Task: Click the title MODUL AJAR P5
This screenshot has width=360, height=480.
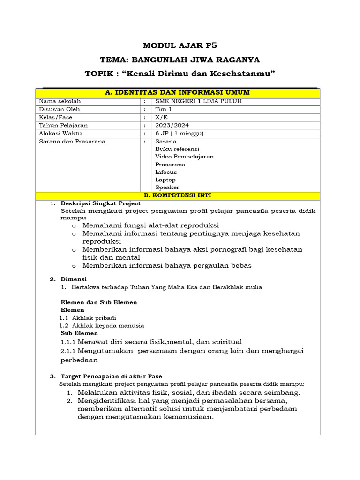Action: (180, 45)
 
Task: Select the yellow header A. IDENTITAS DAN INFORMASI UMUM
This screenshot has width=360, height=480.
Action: (178, 92)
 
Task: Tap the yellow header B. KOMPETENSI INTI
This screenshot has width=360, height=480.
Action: (178, 195)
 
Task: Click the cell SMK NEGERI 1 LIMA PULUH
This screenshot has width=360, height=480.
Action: (193, 101)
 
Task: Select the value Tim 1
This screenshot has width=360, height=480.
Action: (164, 109)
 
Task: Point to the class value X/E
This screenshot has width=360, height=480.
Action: (161, 117)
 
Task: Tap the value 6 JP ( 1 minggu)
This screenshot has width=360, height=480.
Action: (180, 133)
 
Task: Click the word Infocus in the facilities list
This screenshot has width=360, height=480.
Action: (166, 172)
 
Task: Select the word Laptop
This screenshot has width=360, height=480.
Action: (165, 180)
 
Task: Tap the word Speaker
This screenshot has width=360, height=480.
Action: (167, 187)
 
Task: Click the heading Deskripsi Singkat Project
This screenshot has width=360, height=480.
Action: (101, 203)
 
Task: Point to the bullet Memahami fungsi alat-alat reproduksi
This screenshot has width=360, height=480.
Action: (151, 225)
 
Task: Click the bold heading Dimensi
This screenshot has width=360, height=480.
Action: (74, 279)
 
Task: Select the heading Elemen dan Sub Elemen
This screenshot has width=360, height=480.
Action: (99, 302)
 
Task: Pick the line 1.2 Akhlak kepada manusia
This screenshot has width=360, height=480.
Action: (102, 325)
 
